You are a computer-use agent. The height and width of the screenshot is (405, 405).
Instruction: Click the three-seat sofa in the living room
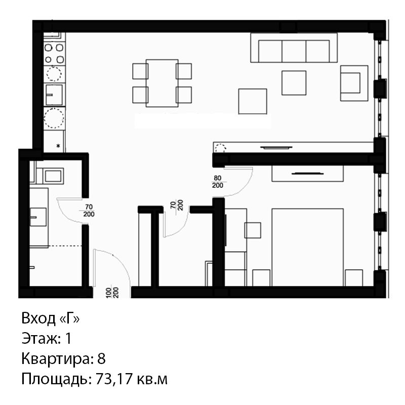tap(294, 48)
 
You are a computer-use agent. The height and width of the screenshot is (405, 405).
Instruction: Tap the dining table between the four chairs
tap(162, 83)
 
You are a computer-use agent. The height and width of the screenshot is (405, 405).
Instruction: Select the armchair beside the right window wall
tap(354, 83)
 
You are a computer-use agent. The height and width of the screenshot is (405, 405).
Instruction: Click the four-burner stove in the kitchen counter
tap(54, 54)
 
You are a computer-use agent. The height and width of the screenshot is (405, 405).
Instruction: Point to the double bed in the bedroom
tap(308, 247)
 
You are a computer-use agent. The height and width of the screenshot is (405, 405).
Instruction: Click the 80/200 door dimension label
tap(218, 182)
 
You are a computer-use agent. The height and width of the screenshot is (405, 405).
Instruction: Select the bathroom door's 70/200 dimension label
tap(89, 211)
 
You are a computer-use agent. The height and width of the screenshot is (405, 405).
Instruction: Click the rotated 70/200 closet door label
tap(177, 205)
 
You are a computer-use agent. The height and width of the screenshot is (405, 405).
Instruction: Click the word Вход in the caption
tap(38, 318)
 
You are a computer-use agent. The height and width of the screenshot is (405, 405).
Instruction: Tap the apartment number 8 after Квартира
tap(102, 359)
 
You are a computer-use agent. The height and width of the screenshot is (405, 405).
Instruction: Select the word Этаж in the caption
tap(40, 339)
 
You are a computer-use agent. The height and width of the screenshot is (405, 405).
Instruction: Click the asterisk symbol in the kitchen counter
tap(58, 146)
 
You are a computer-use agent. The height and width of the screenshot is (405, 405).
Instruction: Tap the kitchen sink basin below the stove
tap(54, 95)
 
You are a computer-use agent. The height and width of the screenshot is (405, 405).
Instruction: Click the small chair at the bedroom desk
tap(253, 230)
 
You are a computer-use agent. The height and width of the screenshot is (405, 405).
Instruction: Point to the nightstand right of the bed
tap(354, 278)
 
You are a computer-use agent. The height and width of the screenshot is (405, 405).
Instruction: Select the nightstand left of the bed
tap(261, 278)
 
